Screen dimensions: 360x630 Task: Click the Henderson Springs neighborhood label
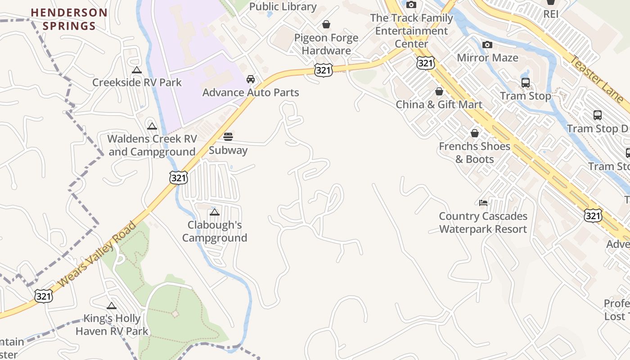(69, 19)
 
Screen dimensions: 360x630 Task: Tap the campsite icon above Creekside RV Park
(137, 70)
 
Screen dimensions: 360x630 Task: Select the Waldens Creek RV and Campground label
(152, 145)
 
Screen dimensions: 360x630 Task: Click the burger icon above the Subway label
(228, 137)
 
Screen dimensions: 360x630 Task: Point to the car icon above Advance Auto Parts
(251, 80)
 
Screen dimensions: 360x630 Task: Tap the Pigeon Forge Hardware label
(326, 44)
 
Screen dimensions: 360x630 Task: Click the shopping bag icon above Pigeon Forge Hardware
(326, 24)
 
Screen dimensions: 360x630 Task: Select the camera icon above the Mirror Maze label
(487, 45)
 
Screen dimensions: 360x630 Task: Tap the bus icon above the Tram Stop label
(525, 83)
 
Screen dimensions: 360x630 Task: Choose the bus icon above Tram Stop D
(598, 115)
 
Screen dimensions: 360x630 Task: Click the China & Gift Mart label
(439, 104)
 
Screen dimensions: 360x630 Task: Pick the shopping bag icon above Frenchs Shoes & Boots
(475, 133)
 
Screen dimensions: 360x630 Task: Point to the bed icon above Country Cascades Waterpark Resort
(483, 203)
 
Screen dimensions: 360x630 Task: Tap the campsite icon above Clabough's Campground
(215, 212)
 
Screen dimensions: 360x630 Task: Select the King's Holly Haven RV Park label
(112, 325)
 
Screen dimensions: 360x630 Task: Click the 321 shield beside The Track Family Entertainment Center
(425, 63)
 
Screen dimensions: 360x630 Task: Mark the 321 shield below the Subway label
(179, 178)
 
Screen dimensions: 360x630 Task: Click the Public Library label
(283, 7)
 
